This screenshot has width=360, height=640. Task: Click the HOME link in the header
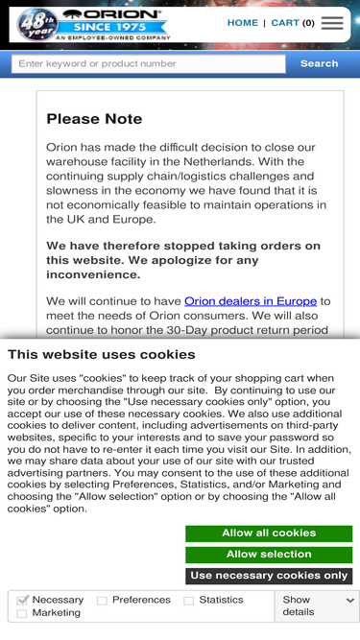coord(243,23)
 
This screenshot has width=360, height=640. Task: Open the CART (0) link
coord(293,23)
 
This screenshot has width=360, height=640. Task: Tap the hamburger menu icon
coord(332,23)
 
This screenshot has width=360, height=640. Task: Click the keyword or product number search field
coord(149,64)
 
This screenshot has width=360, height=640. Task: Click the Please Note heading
coord(94,119)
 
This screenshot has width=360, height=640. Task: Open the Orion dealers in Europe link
coord(251,301)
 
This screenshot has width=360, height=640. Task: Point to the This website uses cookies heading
coord(102,354)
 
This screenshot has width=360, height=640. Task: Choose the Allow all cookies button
coord(269,533)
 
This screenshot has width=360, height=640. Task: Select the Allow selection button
coord(269,555)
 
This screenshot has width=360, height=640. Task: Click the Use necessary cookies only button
coord(269,576)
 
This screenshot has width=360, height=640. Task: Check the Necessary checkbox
coord(23,601)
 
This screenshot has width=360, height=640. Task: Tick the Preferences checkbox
coord(102,601)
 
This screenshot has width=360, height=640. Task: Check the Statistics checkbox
coord(189,601)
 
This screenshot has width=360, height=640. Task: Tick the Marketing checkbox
coord(23,613)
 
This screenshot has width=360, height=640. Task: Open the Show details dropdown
coord(318,605)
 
